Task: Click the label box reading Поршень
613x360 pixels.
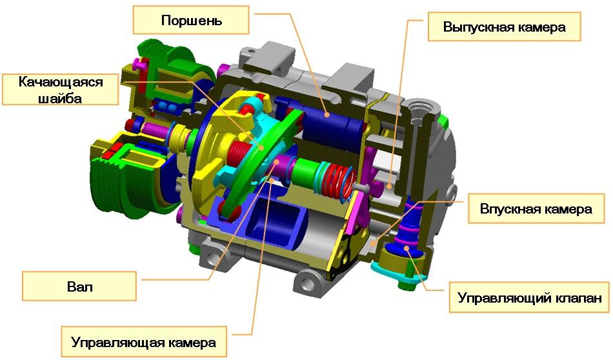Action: point(191,19)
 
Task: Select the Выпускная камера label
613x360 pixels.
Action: point(504,26)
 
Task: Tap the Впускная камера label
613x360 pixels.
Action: point(536,208)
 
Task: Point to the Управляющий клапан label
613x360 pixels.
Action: point(529,297)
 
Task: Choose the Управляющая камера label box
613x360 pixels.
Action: point(143,343)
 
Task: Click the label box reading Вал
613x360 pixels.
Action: point(79,286)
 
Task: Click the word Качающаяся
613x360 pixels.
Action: point(61,82)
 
